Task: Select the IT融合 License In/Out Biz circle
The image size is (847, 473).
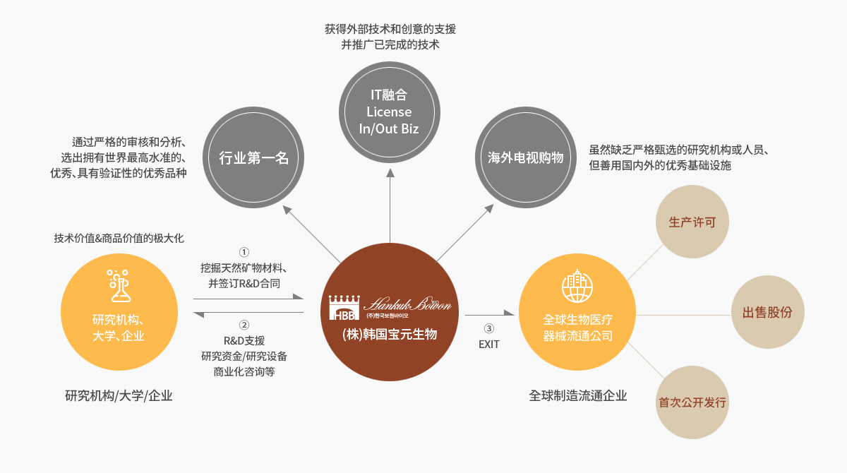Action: (x=389, y=112)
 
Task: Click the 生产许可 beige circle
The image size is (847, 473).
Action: (x=692, y=222)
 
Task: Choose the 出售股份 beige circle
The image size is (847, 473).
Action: (x=767, y=312)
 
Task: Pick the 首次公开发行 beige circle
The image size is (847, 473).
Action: (x=692, y=402)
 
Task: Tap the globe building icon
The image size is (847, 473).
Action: (x=577, y=286)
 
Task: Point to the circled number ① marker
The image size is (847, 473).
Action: (x=244, y=252)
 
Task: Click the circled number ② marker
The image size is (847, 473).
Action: (x=244, y=325)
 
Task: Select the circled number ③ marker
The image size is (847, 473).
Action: (x=488, y=328)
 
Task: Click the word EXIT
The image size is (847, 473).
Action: (x=488, y=345)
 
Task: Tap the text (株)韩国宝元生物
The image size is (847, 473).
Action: (x=389, y=335)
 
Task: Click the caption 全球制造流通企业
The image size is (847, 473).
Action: (x=577, y=395)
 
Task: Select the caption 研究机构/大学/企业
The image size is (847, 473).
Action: (x=119, y=395)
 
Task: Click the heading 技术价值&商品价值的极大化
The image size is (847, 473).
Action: (x=119, y=238)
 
